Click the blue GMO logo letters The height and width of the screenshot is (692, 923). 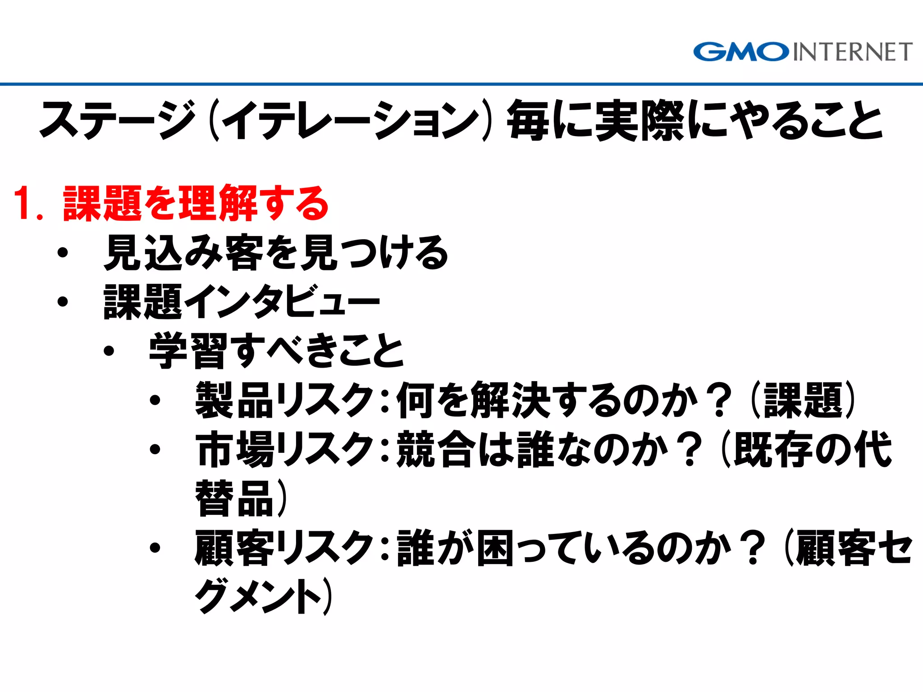coord(741,52)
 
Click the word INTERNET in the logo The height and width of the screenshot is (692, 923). coord(852,52)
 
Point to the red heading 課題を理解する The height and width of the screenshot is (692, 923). coord(196,204)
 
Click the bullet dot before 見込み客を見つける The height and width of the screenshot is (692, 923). coord(63,253)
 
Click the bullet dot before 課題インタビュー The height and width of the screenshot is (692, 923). coord(63,301)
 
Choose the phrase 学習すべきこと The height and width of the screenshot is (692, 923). coord(276,351)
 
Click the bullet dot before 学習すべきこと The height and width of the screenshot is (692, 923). coord(109,351)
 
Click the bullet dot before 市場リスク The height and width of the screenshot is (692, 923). coord(155,449)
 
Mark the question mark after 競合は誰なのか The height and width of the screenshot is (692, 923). coord(690,449)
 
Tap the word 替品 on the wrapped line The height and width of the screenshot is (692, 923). coord(234,498)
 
